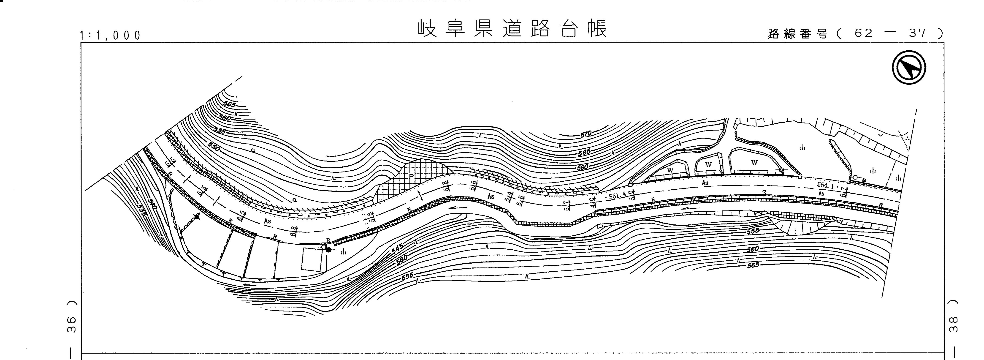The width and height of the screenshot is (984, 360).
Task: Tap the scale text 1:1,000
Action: [x=110, y=35]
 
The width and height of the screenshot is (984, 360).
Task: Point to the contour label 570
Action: [x=586, y=134]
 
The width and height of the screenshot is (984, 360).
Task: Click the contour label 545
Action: [x=398, y=249]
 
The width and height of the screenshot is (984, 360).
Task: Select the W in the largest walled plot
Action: [x=754, y=163]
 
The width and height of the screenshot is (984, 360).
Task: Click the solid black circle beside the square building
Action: [x=329, y=250]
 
